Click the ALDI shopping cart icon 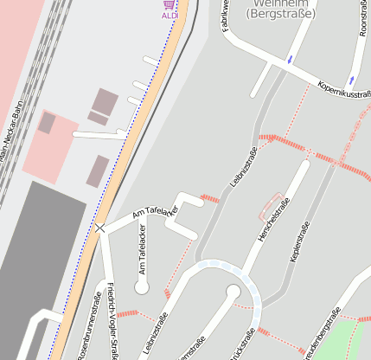pyautogui.click(x=169, y=4)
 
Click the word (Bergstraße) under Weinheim pyautogui.click(x=281, y=14)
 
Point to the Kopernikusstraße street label pyautogui.click(x=345, y=91)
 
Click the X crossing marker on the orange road pyautogui.click(x=100, y=228)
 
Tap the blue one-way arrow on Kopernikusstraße pyautogui.click(x=290, y=60)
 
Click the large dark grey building pyautogui.click(x=35, y=260)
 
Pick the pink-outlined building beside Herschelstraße pyautogui.click(x=271, y=205)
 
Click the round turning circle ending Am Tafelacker pyautogui.click(x=142, y=286)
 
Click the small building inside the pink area pyautogui.click(x=47, y=123)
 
